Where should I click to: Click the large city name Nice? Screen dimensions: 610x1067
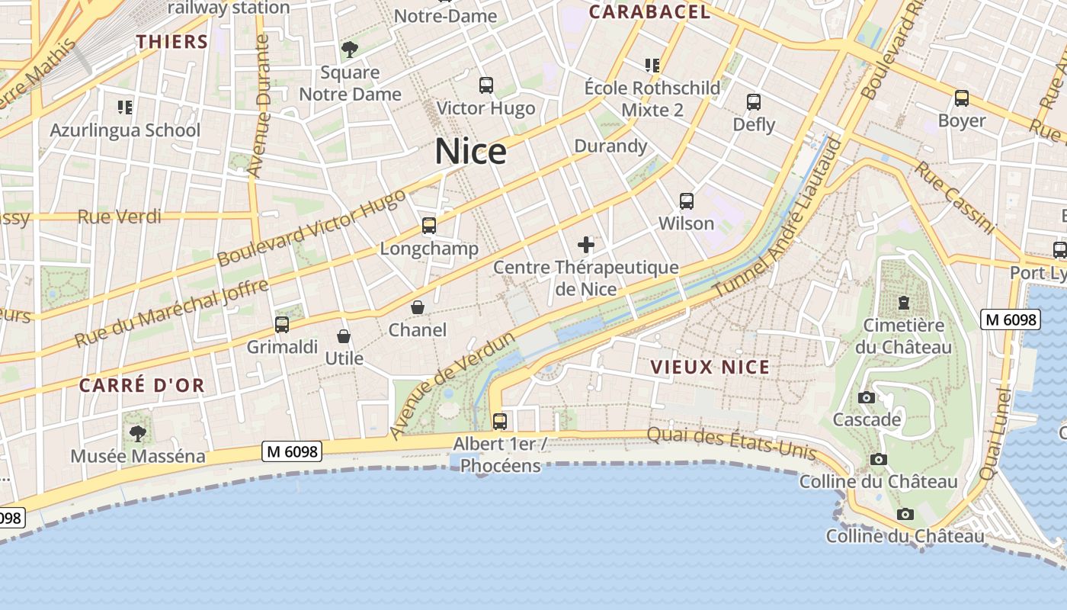click(x=470, y=152)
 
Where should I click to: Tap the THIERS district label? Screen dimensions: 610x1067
click(x=172, y=42)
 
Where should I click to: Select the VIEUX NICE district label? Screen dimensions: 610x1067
click(x=710, y=368)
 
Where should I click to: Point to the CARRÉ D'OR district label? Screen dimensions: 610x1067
click(x=142, y=386)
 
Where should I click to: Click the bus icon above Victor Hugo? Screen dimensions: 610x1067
click(x=485, y=85)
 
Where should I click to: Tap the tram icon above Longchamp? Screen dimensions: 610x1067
click(x=429, y=226)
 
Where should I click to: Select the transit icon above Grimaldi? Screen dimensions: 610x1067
click(x=282, y=325)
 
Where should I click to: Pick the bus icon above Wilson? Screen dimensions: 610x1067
click(x=687, y=201)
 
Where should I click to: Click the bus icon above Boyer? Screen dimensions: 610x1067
click(x=962, y=98)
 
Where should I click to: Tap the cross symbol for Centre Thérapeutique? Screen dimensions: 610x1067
click(x=586, y=245)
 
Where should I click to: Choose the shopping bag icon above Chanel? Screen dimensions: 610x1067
click(x=418, y=307)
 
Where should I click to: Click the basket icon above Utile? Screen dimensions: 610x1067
click(x=344, y=335)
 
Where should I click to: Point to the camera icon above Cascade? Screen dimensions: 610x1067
click(x=867, y=397)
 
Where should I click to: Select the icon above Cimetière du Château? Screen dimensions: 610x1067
click(x=904, y=303)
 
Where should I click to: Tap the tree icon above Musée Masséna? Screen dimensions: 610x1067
click(x=138, y=434)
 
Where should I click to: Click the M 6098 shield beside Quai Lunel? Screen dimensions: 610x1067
click(x=1011, y=319)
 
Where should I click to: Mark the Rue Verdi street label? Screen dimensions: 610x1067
click(x=120, y=217)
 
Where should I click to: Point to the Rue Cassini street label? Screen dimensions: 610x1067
click(x=955, y=198)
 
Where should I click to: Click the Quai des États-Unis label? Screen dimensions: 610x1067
click(x=731, y=443)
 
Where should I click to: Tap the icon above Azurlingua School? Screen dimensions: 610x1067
click(x=125, y=108)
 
